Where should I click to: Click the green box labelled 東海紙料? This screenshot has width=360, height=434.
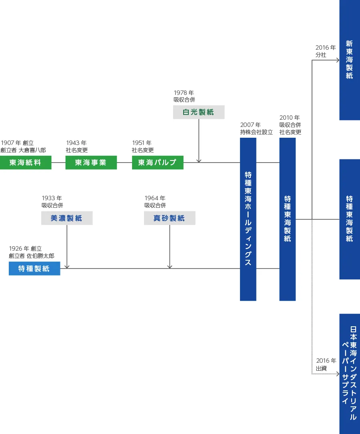tap(26, 163)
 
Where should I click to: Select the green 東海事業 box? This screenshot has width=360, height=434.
tap(91, 163)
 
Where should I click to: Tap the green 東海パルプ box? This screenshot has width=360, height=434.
tap(158, 163)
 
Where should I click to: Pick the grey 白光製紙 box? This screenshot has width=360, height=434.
tap(199, 112)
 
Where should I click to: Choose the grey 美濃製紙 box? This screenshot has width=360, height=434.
tap(67, 218)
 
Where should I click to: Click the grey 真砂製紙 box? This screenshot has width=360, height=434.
tap(170, 218)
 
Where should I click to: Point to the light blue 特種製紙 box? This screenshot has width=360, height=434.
tap(34, 269)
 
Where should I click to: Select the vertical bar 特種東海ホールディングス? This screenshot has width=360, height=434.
tap(248, 219)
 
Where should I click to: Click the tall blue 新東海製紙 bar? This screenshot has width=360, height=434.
tap(350, 60)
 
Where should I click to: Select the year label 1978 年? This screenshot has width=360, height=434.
tap(184, 93)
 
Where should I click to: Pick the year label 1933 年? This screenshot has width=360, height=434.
tap(52, 198)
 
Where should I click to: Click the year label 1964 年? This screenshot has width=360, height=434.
tap(155, 198)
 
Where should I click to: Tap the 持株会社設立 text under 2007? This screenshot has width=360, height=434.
tap(256, 132)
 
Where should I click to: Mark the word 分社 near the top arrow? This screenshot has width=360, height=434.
tap(321, 55)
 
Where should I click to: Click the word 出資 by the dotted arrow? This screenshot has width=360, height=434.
tap(321, 368)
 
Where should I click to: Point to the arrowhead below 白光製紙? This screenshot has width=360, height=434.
tap(199, 161)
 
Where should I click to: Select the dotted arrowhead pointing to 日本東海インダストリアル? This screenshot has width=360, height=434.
tap(337, 374)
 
